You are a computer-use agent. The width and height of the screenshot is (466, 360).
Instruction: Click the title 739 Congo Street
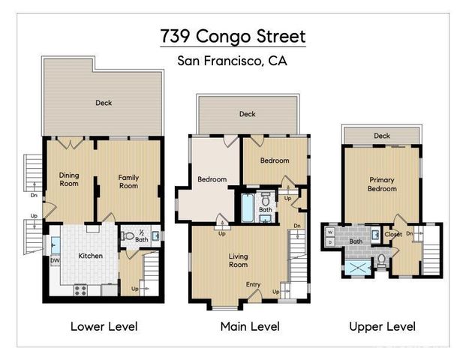pyautogui.click(x=233, y=37)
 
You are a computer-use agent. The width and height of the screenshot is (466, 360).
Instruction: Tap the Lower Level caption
pyautogui.click(x=104, y=326)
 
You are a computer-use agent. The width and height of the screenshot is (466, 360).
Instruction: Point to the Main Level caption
pyautogui.click(x=249, y=326)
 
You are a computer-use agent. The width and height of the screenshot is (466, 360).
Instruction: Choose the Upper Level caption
pyautogui.click(x=382, y=326)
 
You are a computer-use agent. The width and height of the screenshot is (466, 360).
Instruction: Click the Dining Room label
pyautogui.click(x=69, y=180)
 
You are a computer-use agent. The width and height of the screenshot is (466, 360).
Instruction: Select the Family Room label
pyautogui.click(x=128, y=181)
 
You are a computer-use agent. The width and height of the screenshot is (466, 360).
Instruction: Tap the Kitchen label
pyautogui.click(x=90, y=256)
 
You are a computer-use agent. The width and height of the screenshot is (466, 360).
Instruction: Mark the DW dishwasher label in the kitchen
pyautogui.click(x=55, y=261)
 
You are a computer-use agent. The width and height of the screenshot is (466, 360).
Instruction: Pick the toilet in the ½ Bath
pyautogui.click(x=129, y=236)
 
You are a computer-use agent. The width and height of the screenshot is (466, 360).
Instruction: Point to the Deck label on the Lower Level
pyautogui.click(x=104, y=103)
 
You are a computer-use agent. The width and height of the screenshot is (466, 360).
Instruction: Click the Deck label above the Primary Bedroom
pyautogui.click(x=382, y=136)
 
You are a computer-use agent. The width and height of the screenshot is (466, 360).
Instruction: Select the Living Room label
pyautogui.click(x=238, y=260)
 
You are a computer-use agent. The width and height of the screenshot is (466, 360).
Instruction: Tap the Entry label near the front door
pyautogui.click(x=254, y=284)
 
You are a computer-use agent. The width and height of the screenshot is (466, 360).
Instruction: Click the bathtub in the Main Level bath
pyautogui.click(x=248, y=208)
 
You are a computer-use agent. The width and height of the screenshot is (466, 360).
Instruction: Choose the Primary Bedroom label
pyautogui.click(x=382, y=184)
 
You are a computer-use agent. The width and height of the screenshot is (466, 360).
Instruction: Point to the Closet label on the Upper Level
pyautogui.click(x=393, y=234)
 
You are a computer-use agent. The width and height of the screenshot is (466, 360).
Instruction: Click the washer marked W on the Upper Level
pyautogui.click(x=330, y=232)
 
